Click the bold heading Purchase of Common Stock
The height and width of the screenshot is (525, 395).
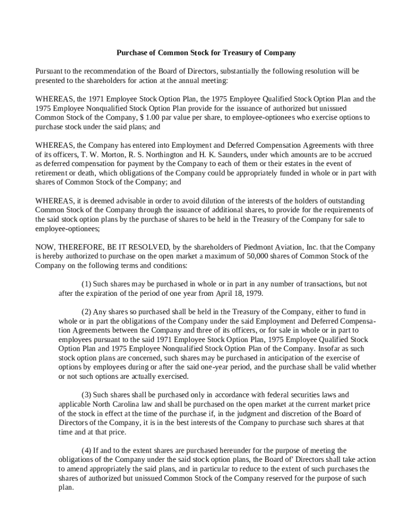point(206,53)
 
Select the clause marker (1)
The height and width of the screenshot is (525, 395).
point(87,284)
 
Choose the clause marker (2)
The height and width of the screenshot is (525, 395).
point(87,312)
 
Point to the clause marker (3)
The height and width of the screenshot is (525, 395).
point(87,395)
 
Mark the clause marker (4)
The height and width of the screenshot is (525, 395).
point(87,451)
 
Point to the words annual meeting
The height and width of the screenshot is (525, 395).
point(204,80)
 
